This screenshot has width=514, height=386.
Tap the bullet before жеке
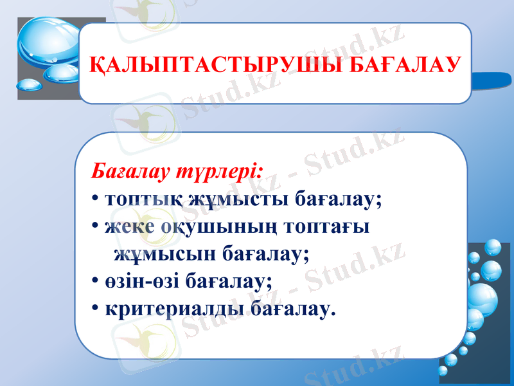tap(94, 227)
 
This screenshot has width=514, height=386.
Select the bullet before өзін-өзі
tap(94, 282)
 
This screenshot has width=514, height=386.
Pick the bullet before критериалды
tap(94, 309)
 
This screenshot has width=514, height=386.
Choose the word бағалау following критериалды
tap(293, 309)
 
